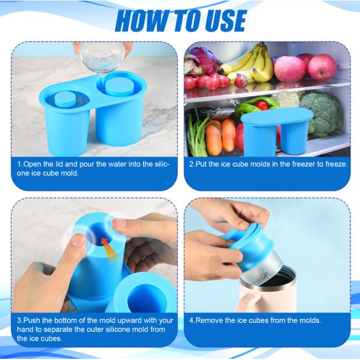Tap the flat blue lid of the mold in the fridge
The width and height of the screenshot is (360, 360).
click(x=277, y=116)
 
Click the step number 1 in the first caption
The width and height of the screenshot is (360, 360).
click(x=19, y=164)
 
